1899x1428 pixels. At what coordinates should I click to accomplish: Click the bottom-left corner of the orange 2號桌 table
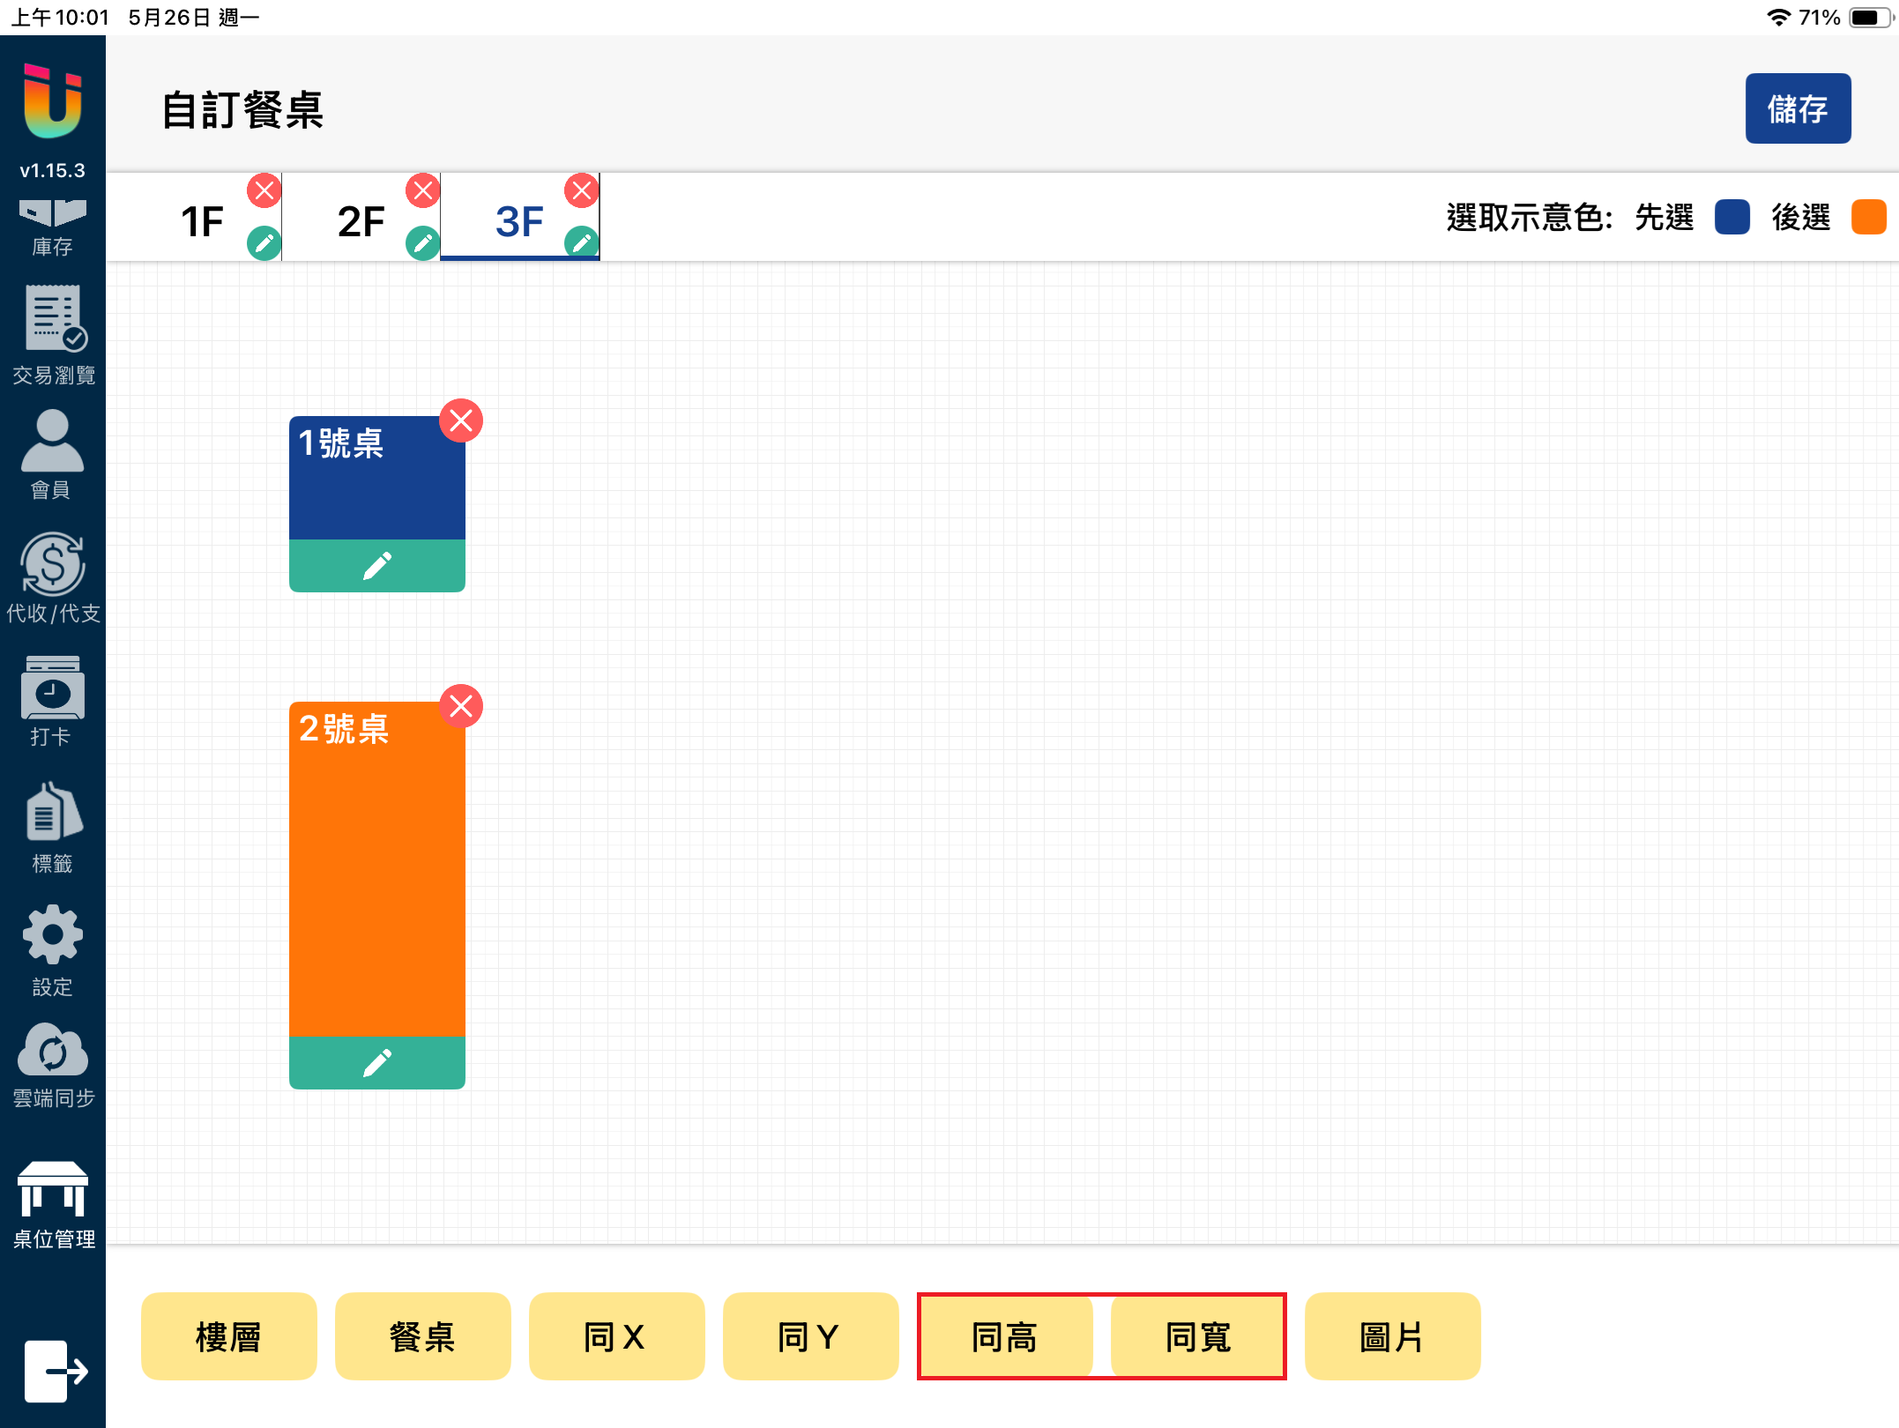tap(290, 1089)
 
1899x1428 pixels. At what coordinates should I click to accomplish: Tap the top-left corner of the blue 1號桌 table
tap(290, 417)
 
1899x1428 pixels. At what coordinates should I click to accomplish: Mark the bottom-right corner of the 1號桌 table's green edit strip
tap(465, 591)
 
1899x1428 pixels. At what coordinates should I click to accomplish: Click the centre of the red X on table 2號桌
tap(461, 706)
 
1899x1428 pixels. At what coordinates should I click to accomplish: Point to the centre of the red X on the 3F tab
tap(582, 190)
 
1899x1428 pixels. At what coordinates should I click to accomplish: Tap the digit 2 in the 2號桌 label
tap(309, 729)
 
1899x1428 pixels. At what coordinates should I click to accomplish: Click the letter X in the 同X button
tap(633, 1337)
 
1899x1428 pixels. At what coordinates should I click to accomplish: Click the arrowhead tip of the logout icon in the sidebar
tap(87, 1372)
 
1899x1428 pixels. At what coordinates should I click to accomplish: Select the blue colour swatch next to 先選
tap(1731, 217)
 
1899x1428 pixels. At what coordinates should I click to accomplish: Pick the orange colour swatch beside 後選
tap(1868, 217)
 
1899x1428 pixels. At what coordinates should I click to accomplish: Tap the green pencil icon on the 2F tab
tap(423, 242)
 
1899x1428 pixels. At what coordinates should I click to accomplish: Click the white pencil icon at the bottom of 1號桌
tap(377, 566)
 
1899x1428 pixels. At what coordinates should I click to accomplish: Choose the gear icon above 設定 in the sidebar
tap(53, 934)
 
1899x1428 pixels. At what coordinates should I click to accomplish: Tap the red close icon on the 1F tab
tap(264, 190)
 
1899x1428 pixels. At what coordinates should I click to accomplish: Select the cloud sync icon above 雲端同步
tap(53, 1050)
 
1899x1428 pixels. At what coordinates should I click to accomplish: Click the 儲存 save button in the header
tap(1798, 108)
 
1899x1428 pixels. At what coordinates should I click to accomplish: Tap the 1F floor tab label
tap(202, 221)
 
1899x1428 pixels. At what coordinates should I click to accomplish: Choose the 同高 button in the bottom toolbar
tap(1004, 1336)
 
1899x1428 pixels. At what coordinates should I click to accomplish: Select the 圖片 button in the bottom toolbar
tap(1392, 1336)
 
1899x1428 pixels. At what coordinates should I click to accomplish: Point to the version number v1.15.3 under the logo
tap(53, 170)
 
